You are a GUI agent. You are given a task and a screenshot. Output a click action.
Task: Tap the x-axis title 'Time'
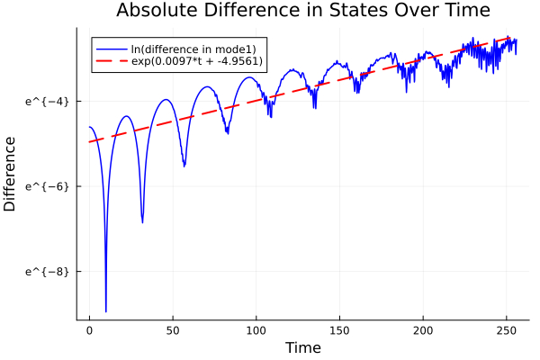coord(302,347)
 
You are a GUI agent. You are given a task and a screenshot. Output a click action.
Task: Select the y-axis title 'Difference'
coord(11,174)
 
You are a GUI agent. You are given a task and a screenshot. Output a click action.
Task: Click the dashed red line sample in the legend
coord(112,61)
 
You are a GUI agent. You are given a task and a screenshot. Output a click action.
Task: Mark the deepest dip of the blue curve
coord(106,310)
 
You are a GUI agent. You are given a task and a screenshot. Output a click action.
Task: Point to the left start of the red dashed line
coord(90,141)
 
